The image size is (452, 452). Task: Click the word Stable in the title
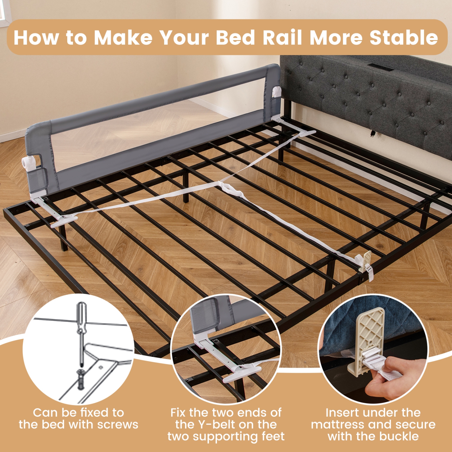[x=403, y=38]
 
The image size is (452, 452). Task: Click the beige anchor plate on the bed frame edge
[x=367, y=259]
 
